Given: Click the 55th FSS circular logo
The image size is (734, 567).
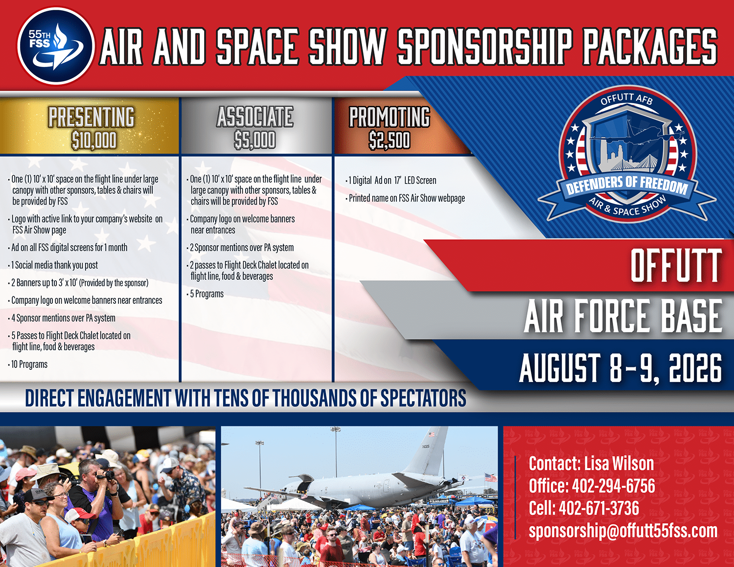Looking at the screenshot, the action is (x=55, y=45).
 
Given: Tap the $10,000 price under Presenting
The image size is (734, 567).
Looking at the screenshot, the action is (x=94, y=140).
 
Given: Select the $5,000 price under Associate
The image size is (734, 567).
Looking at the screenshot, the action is (x=255, y=140).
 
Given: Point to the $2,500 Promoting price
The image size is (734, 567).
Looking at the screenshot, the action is (x=390, y=140).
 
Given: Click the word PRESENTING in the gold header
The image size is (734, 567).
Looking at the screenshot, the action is (x=91, y=117).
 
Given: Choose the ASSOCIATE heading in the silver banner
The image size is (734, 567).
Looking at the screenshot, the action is (x=255, y=117).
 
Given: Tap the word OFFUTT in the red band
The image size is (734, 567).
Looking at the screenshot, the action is (x=676, y=266).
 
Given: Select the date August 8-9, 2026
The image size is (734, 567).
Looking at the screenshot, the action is (x=620, y=368).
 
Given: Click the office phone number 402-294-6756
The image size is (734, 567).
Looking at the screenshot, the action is (x=614, y=486).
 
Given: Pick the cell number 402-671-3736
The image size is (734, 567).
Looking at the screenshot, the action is (x=599, y=508).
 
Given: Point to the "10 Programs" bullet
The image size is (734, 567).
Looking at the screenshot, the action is (x=28, y=364).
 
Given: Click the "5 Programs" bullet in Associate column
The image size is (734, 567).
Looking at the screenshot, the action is (x=205, y=294).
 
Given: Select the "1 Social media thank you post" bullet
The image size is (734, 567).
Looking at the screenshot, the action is (x=53, y=265).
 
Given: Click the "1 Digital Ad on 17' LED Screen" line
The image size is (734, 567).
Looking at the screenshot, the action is (x=391, y=181).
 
